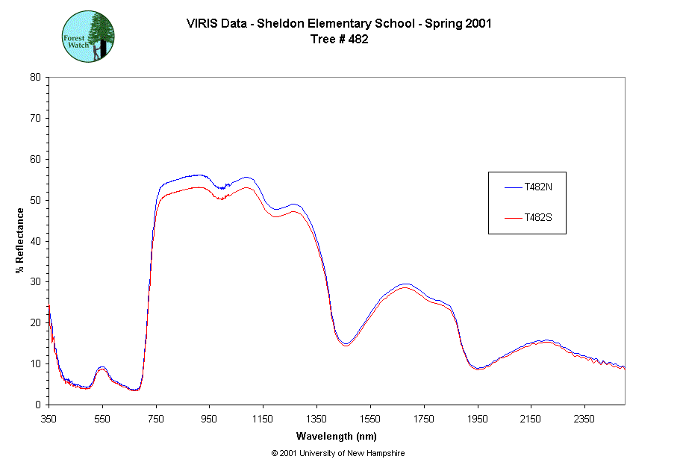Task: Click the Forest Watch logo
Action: [x=88, y=36]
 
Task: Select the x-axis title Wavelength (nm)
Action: [x=336, y=436]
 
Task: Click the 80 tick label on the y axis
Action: [x=35, y=77]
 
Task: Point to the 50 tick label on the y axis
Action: [x=35, y=200]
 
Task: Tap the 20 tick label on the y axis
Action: [x=35, y=323]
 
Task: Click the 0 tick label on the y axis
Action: [x=38, y=405]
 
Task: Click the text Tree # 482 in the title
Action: [x=338, y=39]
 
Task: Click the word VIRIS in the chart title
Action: [x=201, y=23]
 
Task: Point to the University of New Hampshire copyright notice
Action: [x=338, y=453]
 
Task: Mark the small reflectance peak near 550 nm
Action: [x=102, y=368]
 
